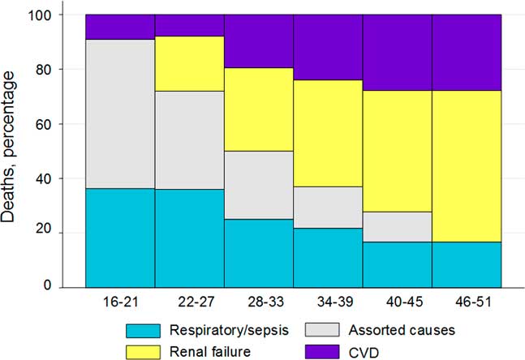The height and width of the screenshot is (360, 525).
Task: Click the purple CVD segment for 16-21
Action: coord(120,27)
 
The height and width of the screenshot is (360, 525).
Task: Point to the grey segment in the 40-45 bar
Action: coord(397,227)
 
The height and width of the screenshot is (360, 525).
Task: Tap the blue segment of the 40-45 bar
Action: coord(397,264)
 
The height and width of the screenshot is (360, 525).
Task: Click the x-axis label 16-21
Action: coord(120,301)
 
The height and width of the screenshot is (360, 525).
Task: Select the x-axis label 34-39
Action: coord(327,301)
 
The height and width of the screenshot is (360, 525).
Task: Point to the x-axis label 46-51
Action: coord(466,301)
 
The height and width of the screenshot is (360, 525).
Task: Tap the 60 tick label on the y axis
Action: coord(68,124)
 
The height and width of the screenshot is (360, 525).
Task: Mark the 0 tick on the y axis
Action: coord(72,287)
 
